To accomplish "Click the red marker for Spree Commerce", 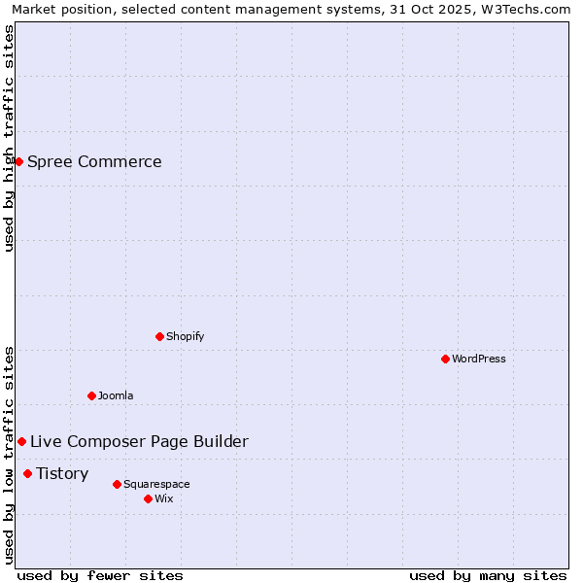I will point(18,161).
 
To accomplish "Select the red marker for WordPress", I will point(445,359).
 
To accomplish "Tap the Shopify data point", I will point(159,336).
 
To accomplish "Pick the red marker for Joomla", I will point(91,395).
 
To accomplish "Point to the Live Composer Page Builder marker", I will point(21,441).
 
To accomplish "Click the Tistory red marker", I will point(27,473).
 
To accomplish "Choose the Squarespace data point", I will point(117,484).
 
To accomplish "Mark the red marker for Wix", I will point(148,498).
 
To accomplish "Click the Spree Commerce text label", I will point(94,161).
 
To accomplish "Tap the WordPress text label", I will point(479,359).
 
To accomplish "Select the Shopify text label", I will point(185,336).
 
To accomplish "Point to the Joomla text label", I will point(116,395).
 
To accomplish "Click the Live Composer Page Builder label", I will point(139,441).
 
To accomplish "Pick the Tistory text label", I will point(62,473).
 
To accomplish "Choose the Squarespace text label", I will point(156,484).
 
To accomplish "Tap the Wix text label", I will point(163,498).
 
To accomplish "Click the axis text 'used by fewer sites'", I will point(100,575).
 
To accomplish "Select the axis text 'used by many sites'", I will point(488,575).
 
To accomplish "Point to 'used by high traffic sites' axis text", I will point(9,138).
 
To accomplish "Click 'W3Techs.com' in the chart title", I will point(531,10).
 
